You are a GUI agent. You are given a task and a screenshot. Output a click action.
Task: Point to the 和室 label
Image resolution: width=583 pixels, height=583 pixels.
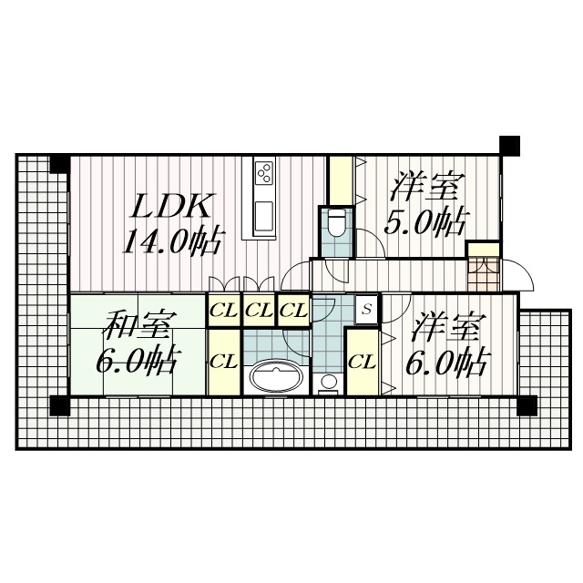(137, 324)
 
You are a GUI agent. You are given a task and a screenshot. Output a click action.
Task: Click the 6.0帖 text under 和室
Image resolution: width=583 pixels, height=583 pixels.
(137, 362)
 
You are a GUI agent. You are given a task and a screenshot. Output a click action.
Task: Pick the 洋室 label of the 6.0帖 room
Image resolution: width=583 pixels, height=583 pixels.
(446, 326)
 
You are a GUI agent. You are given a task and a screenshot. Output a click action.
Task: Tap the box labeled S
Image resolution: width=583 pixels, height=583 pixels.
(366, 309)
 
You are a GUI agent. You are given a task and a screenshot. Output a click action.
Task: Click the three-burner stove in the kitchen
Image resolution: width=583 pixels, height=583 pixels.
(264, 171)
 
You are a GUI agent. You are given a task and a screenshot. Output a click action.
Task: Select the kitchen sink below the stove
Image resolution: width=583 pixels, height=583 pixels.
(264, 216)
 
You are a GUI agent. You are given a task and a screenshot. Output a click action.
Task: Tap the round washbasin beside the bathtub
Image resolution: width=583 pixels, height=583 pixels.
(329, 382)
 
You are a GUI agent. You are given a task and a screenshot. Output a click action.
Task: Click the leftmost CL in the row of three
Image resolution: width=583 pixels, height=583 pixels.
(223, 310)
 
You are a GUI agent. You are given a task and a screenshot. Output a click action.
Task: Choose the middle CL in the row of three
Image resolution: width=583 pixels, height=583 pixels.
(259, 310)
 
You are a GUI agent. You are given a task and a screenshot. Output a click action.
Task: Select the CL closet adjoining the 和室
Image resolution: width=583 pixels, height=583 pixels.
(223, 361)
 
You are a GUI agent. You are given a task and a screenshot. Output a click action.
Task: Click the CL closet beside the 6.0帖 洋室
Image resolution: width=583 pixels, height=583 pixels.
(362, 361)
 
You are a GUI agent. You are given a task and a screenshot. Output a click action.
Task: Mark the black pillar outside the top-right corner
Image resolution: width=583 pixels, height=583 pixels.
(509, 145)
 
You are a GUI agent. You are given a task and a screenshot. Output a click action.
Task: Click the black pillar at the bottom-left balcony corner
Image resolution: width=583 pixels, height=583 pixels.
(60, 405)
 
